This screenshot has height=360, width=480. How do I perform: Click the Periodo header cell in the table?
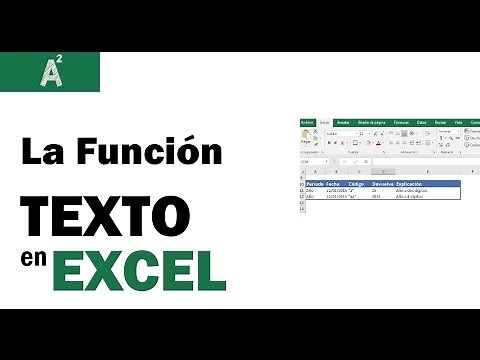click(315, 185)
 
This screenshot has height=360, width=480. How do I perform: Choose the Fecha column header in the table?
click(334, 185)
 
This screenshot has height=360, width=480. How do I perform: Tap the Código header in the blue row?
click(357, 185)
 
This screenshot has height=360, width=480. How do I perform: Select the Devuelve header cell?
click(382, 185)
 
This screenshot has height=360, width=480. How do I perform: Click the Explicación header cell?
click(414, 185)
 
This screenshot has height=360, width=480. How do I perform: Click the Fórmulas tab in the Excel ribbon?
click(400, 123)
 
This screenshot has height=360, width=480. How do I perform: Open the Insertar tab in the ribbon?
click(343, 123)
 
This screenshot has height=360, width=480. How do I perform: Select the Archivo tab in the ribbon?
click(308, 123)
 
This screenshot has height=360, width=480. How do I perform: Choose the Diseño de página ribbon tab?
click(370, 123)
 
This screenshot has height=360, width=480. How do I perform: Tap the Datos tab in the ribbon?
click(423, 123)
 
